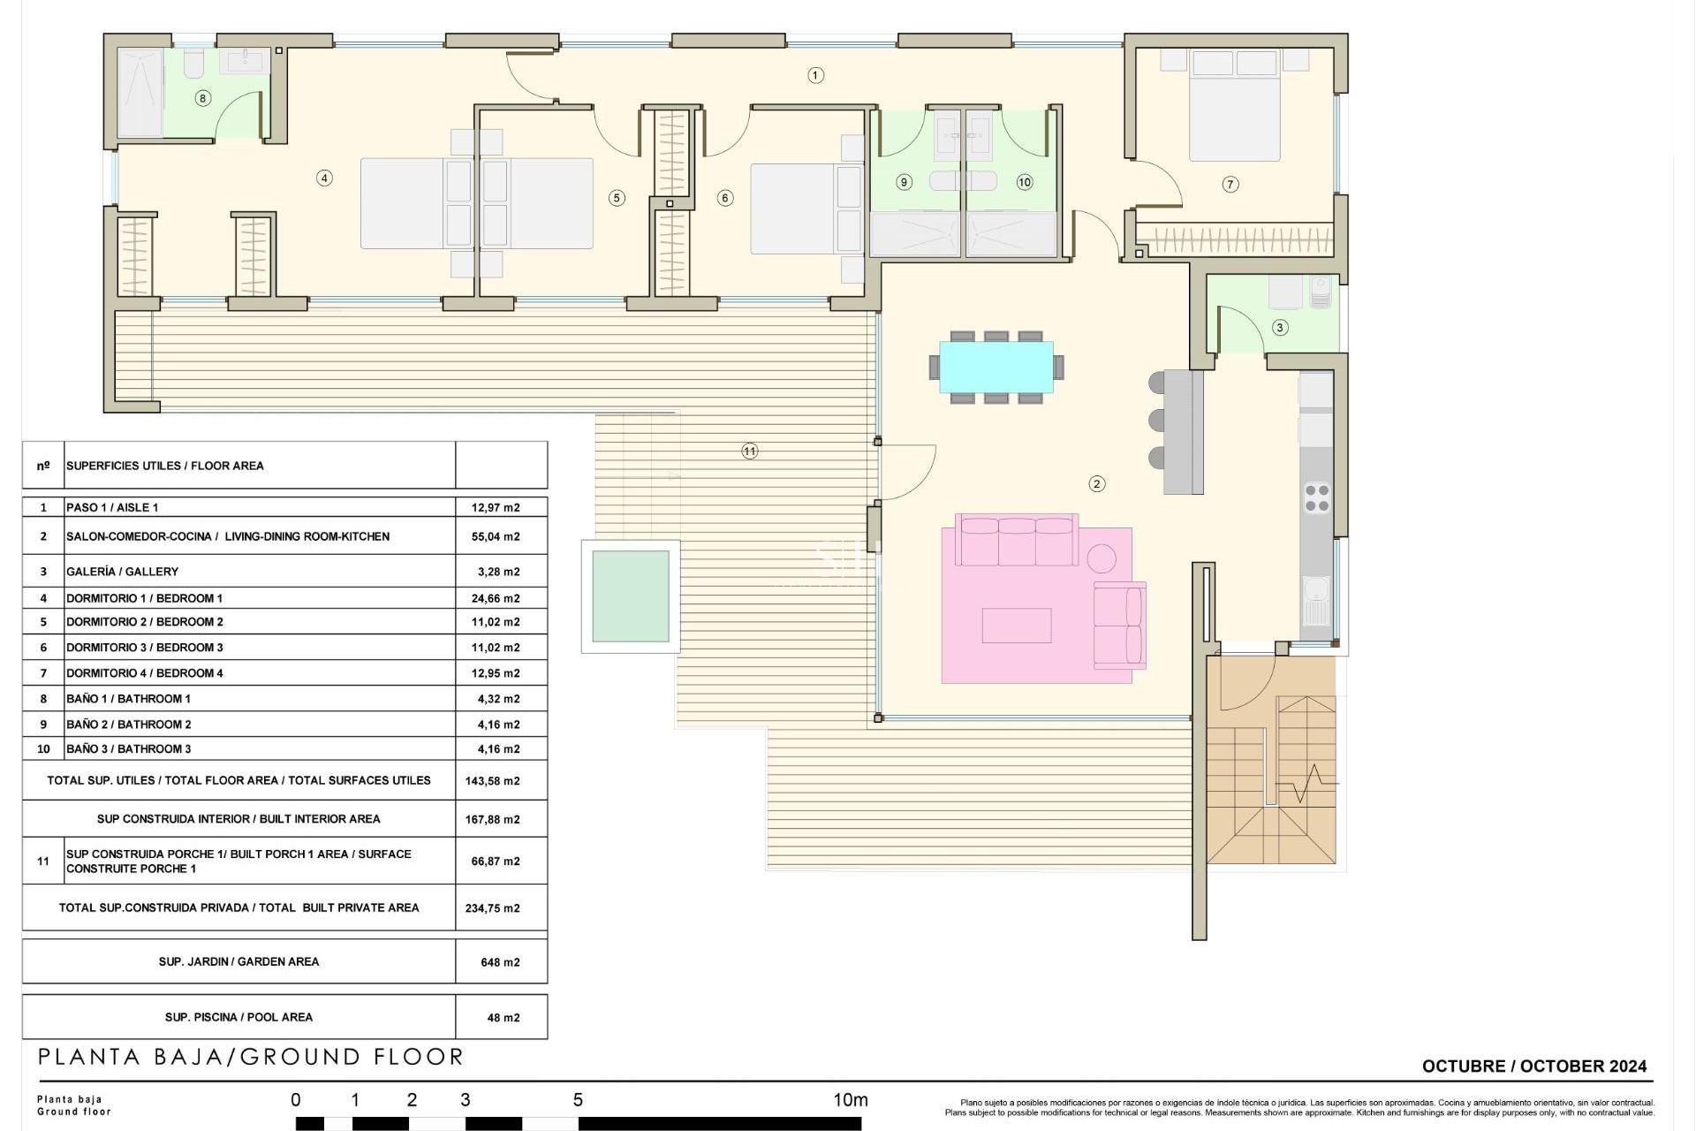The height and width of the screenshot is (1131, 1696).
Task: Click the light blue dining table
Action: pyautogui.click(x=996, y=367)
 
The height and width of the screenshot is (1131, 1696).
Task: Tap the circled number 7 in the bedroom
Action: pyautogui.click(x=1230, y=185)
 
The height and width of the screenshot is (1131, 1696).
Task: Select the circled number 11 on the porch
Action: pyautogui.click(x=750, y=452)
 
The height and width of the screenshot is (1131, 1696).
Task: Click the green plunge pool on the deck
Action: pyautogui.click(x=631, y=596)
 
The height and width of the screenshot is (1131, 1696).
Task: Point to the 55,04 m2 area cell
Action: pyautogui.click(x=496, y=536)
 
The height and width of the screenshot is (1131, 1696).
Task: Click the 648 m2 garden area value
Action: pyautogui.click(x=500, y=962)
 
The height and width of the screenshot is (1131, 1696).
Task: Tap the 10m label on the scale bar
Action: pyautogui.click(x=850, y=1100)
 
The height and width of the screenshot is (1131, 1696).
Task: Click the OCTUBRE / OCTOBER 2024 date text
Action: pyautogui.click(x=1534, y=1066)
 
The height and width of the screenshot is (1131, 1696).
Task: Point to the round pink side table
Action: pyautogui.click(x=1102, y=558)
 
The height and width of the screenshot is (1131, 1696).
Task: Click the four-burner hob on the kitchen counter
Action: pyautogui.click(x=1317, y=497)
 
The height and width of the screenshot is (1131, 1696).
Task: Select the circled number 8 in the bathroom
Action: pyautogui.click(x=203, y=98)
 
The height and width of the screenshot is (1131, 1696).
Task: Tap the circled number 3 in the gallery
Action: pyautogui.click(x=1280, y=328)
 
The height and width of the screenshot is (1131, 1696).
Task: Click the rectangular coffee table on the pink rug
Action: pyautogui.click(x=1016, y=626)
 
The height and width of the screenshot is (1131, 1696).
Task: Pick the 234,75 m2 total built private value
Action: pyautogui.click(x=492, y=908)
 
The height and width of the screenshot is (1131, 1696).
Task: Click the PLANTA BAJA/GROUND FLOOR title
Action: pyautogui.click(x=251, y=1057)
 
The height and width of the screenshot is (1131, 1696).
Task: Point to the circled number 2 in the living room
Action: pyautogui.click(x=1097, y=483)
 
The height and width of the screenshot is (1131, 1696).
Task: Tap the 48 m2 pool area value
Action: pyautogui.click(x=503, y=1018)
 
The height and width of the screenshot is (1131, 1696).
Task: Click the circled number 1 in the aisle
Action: pyautogui.click(x=815, y=76)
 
